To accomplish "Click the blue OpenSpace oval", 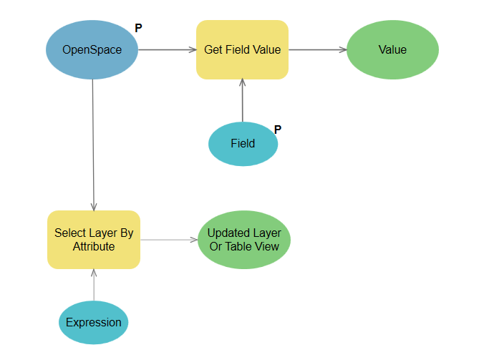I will tap(92, 50).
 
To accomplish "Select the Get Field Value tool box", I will tap(242, 50).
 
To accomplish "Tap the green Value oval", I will tap(392, 50).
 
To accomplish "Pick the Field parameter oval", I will tap(243, 143).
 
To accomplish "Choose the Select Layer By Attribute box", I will tap(94, 240).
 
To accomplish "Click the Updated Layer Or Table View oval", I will tap(244, 240).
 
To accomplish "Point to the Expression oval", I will tap(94, 322).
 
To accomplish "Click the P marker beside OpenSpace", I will tap(138, 29).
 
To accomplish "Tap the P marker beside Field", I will tap(278, 130).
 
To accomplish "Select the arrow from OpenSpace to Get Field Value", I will tap(167, 50).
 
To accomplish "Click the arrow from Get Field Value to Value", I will tap(317, 50).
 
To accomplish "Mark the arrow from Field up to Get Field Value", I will tap(243, 100).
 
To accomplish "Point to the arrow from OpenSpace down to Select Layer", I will tap(94, 143).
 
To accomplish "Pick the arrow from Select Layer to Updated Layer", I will tap(168, 240).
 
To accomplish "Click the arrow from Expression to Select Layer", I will tap(94, 285).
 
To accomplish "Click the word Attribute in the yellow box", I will tap(94, 247).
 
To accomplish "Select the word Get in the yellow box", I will tap(213, 50).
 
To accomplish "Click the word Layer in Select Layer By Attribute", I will tap(101, 233).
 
